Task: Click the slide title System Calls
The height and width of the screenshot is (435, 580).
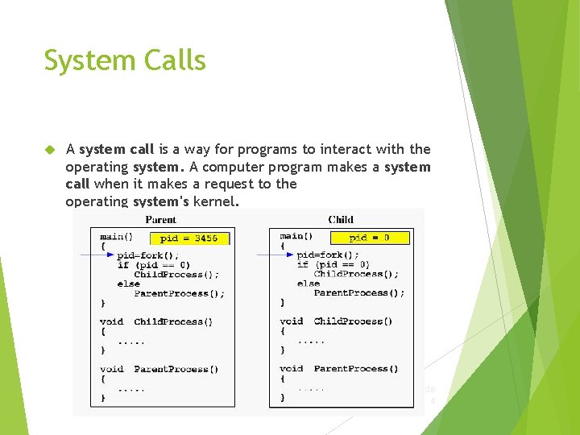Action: pos(125,61)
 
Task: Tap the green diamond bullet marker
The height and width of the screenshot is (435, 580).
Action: pos(49,150)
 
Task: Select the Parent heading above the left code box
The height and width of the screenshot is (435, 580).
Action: pos(160,219)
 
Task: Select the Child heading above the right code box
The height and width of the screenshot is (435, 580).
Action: pos(340,219)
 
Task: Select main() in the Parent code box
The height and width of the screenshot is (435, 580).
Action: pos(116,237)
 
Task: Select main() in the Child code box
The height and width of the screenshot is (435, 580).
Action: pos(296,236)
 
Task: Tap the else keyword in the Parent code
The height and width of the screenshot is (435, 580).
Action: pos(128,284)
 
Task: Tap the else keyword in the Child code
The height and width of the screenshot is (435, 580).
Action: pos(308,284)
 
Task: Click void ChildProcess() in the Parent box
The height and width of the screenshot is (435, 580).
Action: pos(156,321)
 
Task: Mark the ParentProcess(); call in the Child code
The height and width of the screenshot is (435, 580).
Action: pos(358,293)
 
